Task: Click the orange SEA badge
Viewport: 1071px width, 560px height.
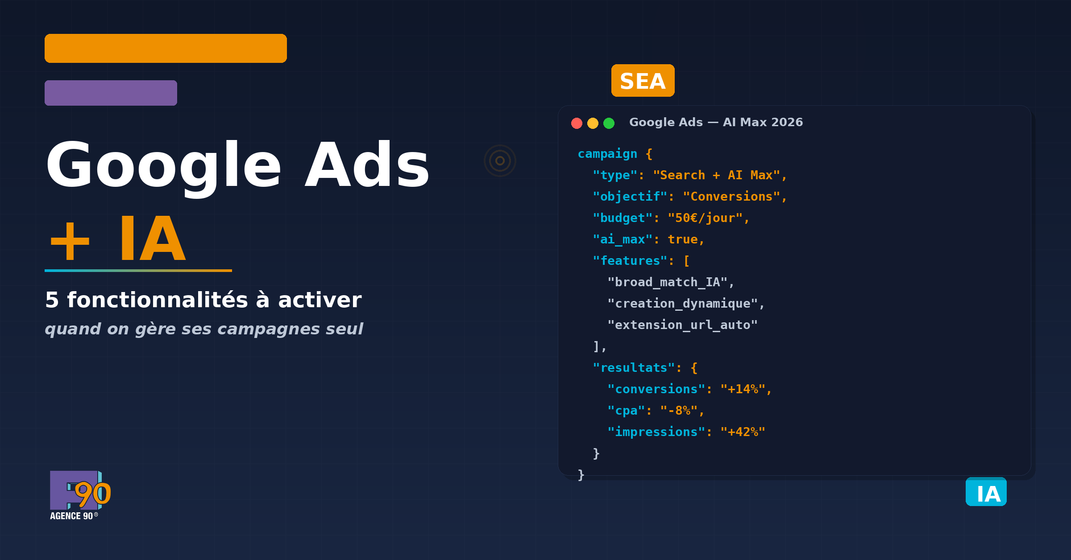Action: point(643,81)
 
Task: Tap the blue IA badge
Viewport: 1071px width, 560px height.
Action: point(986,492)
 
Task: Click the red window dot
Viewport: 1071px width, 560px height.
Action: point(577,123)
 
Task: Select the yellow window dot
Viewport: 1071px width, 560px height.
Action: point(593,123)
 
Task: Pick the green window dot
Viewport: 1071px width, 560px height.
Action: point(609,123)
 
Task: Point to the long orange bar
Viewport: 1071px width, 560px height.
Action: point(166,48)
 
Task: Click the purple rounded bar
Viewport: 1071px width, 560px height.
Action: point(111,93)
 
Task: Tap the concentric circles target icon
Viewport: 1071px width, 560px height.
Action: point(500,161)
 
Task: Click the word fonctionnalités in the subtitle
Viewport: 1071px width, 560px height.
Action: point(157,300)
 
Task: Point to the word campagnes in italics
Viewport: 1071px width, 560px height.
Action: point(269,329)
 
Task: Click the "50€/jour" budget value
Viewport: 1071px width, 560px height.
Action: point(705,218)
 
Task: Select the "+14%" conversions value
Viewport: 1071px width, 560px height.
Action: point(743,389)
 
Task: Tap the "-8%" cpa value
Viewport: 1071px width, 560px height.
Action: point(679,411)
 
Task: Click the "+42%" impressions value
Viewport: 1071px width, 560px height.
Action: point(743,432)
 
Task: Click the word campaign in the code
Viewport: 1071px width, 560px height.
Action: point(607,154)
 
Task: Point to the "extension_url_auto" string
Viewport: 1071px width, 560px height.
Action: point(682,325)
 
